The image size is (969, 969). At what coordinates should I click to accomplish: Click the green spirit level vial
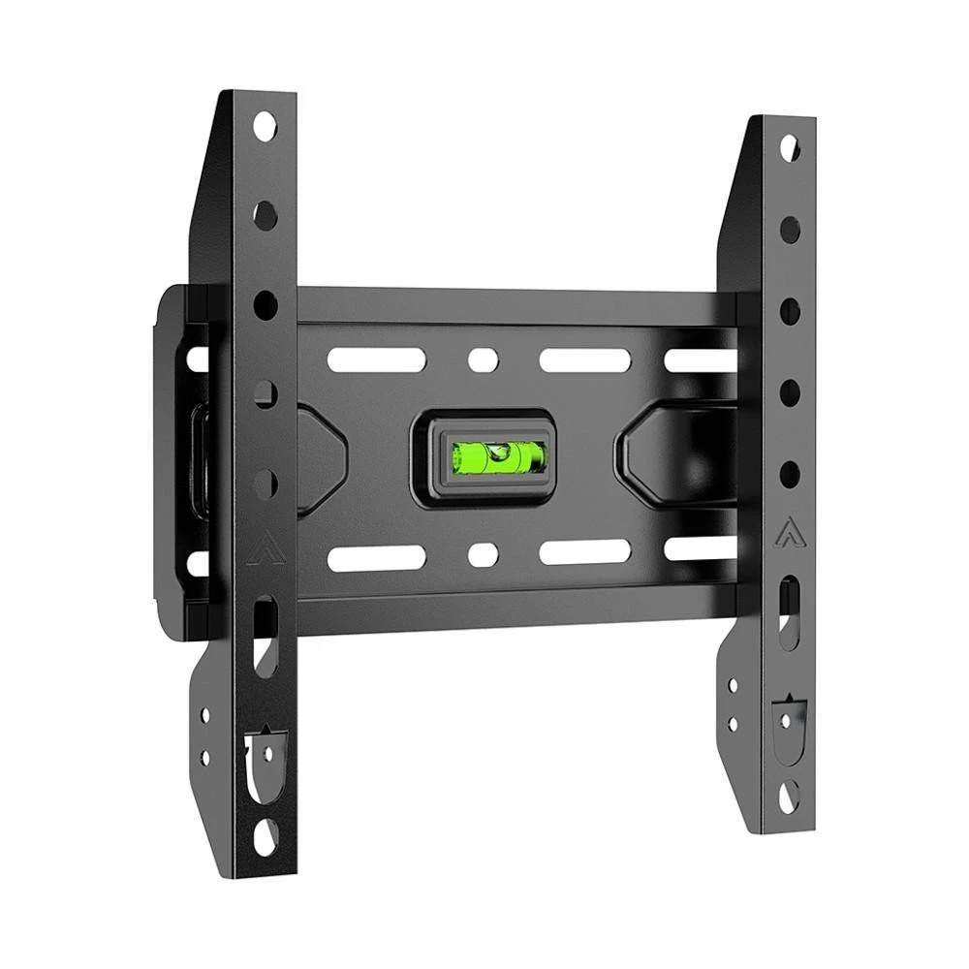click(498, 455)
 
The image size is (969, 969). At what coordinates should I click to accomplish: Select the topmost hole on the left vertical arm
click(265, 126)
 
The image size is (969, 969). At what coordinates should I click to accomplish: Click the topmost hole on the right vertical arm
click(790, 147)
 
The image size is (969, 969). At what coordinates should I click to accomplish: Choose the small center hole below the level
click(482, 554)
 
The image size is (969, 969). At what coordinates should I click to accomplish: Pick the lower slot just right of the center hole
click(584, 553)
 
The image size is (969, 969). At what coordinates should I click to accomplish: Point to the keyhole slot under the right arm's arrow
click(790, 606)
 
